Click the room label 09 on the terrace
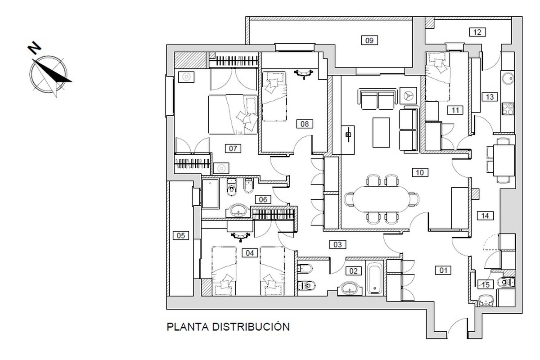point(369,40)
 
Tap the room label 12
point(477,32)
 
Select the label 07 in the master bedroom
point(233,148)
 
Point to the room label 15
point(486,285)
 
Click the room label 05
point(181,235)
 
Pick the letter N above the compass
point(34,48)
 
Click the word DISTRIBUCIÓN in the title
point(251,327)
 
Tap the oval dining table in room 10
point(381,199)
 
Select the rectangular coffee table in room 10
point(381,132)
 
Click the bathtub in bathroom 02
point(374,279)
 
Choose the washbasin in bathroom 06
point(238,211)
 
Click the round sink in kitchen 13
point(508,78)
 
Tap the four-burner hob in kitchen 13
point(508,109)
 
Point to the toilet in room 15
point(506,282)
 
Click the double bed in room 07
point(233,114)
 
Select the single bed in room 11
point(437,76)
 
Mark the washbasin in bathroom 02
point(349,288)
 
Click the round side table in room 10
point(408,96)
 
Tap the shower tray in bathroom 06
point(211,193)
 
